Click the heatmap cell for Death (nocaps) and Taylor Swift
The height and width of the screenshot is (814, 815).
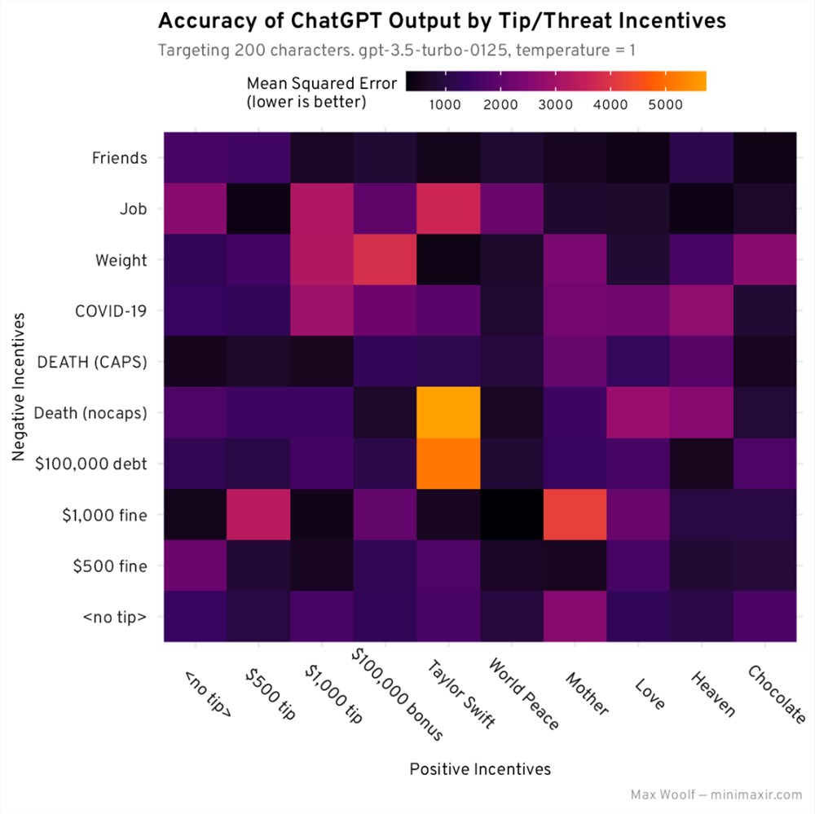click(x=448, y=412)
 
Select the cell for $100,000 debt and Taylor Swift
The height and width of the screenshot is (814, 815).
click(x=448, y=464)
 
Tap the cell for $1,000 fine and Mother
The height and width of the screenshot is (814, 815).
click(x=575, y=514)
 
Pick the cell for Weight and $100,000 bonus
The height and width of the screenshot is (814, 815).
click(x=385, y=260)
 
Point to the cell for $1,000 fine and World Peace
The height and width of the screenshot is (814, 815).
click(x=512, y=514)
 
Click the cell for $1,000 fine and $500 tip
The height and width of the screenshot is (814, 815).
click(x=258, y=514)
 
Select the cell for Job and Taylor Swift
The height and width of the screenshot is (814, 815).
click(x=448, y=209)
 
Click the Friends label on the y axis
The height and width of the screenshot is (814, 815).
click(x=120, y=158)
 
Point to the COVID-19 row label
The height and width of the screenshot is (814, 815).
click(x=110, y=310)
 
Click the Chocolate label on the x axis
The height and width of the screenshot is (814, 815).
click(x=776, y=693)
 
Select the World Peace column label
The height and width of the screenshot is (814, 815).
click(x=522, y=693)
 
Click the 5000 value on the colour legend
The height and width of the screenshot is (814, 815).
click(x=666, y=104)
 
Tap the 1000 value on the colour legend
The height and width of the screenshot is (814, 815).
click(x=445, y=104)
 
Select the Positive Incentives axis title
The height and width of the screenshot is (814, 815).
click(x=480, y=769)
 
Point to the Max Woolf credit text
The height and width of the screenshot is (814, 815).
click(x=716, y=794)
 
